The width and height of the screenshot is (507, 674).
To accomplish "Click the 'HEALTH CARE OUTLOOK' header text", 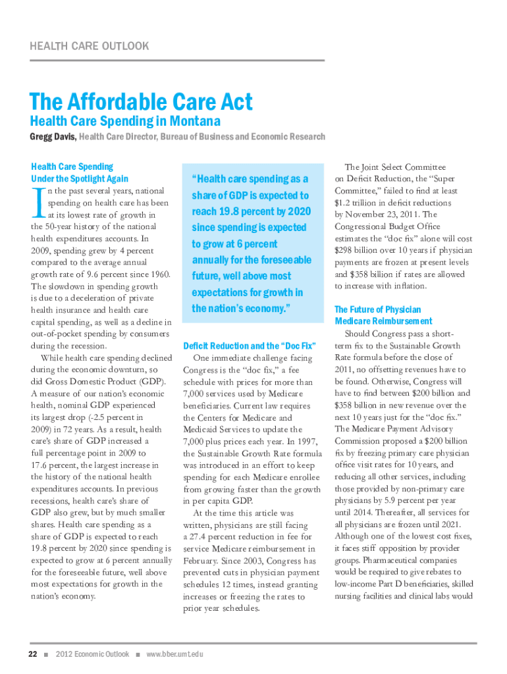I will pos(89,46).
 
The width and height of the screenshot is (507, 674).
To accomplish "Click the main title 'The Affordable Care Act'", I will pos(141,102).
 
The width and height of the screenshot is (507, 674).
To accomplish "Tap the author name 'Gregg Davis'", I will pos(53,137).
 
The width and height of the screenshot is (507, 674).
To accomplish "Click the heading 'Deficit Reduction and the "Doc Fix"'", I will pos(250,346).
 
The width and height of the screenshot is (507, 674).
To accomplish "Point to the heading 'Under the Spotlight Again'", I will pos(80,178).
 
